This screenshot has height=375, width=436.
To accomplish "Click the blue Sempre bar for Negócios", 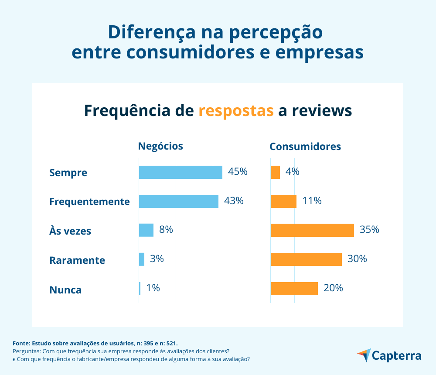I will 181,172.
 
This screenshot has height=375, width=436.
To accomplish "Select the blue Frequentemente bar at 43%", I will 178,201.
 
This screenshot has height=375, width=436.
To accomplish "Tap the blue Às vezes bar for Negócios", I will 146,230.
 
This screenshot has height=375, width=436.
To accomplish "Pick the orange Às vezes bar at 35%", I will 312,230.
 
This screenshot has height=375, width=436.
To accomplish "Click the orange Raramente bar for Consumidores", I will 306,259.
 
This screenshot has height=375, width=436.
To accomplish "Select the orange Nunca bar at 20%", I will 294,289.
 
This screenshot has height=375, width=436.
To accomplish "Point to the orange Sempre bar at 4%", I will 275,172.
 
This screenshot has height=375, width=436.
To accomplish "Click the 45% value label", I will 238,172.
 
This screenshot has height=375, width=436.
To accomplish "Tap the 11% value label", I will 312,201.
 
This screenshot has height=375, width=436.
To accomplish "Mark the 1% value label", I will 153,288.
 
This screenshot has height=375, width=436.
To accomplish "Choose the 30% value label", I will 357,259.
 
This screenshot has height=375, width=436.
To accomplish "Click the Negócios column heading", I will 160,147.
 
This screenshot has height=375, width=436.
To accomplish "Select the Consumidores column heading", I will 305,147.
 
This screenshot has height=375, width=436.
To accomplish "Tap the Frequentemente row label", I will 89,202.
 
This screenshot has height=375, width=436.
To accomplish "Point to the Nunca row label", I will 65,290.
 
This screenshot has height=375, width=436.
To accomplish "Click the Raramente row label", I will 77,260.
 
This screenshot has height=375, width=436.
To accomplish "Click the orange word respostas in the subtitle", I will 236,111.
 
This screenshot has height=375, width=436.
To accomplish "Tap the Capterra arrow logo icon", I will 364,355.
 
